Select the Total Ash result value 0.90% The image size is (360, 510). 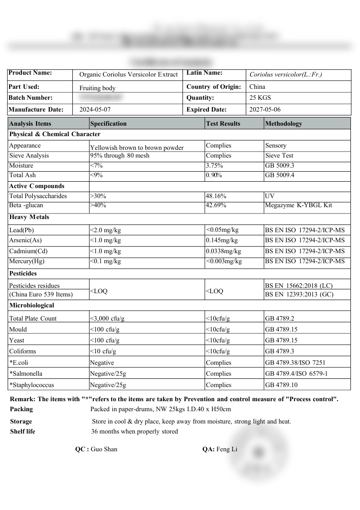click(214, 175)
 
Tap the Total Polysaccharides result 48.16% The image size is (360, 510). click(216, 196)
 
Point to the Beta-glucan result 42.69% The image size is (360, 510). click(216, 205)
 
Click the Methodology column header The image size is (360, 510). click(283, 123)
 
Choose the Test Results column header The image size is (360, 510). click(223, 123)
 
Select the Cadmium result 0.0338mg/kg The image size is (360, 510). click(223, 251)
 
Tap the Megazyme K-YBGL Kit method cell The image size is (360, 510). click(299, 205)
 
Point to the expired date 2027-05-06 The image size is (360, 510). click(265, 110)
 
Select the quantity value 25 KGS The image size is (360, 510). click(260, 98)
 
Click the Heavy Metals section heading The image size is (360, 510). click(29, 217)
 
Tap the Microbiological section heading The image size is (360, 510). click(31, 306)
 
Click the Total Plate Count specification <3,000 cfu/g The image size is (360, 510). click(107, 319)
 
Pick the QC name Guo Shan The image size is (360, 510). click(104, 449)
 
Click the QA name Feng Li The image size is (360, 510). click(227, 449)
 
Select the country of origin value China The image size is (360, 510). click(257, 87)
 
